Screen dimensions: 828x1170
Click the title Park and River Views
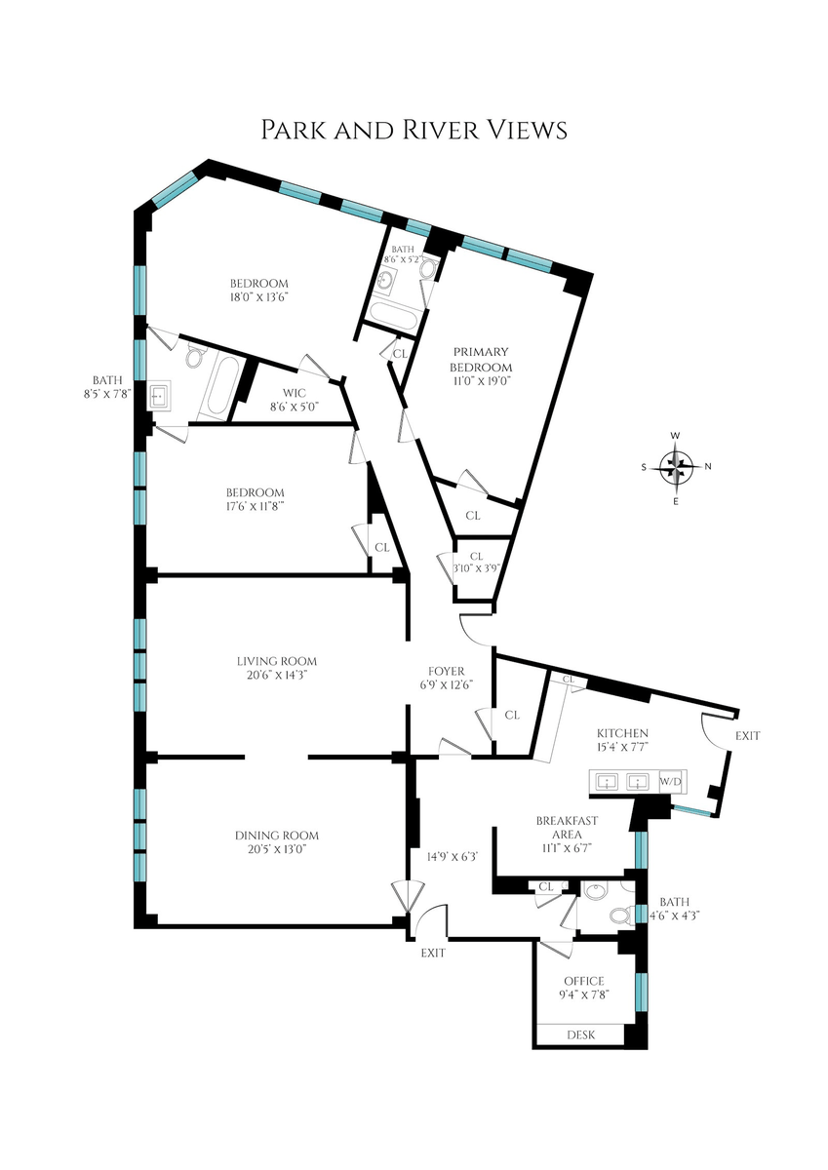coord(414,130)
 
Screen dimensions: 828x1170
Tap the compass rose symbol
coord(676,467)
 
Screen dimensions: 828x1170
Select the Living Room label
coord(277,661)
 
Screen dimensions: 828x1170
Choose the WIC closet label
coord(295,393)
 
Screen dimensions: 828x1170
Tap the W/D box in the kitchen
coord(673,782)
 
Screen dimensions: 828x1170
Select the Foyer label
coord(446,671)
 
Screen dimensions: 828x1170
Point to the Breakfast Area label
coord(567,828)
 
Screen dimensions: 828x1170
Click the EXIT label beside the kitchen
coord(748,735)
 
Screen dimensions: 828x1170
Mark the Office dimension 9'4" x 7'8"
coord(584,994)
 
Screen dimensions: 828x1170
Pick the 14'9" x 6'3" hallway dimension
coord(453,857)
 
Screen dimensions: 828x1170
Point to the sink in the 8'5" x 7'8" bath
coord(160,397)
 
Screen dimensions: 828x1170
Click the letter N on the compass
coord(708,467)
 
